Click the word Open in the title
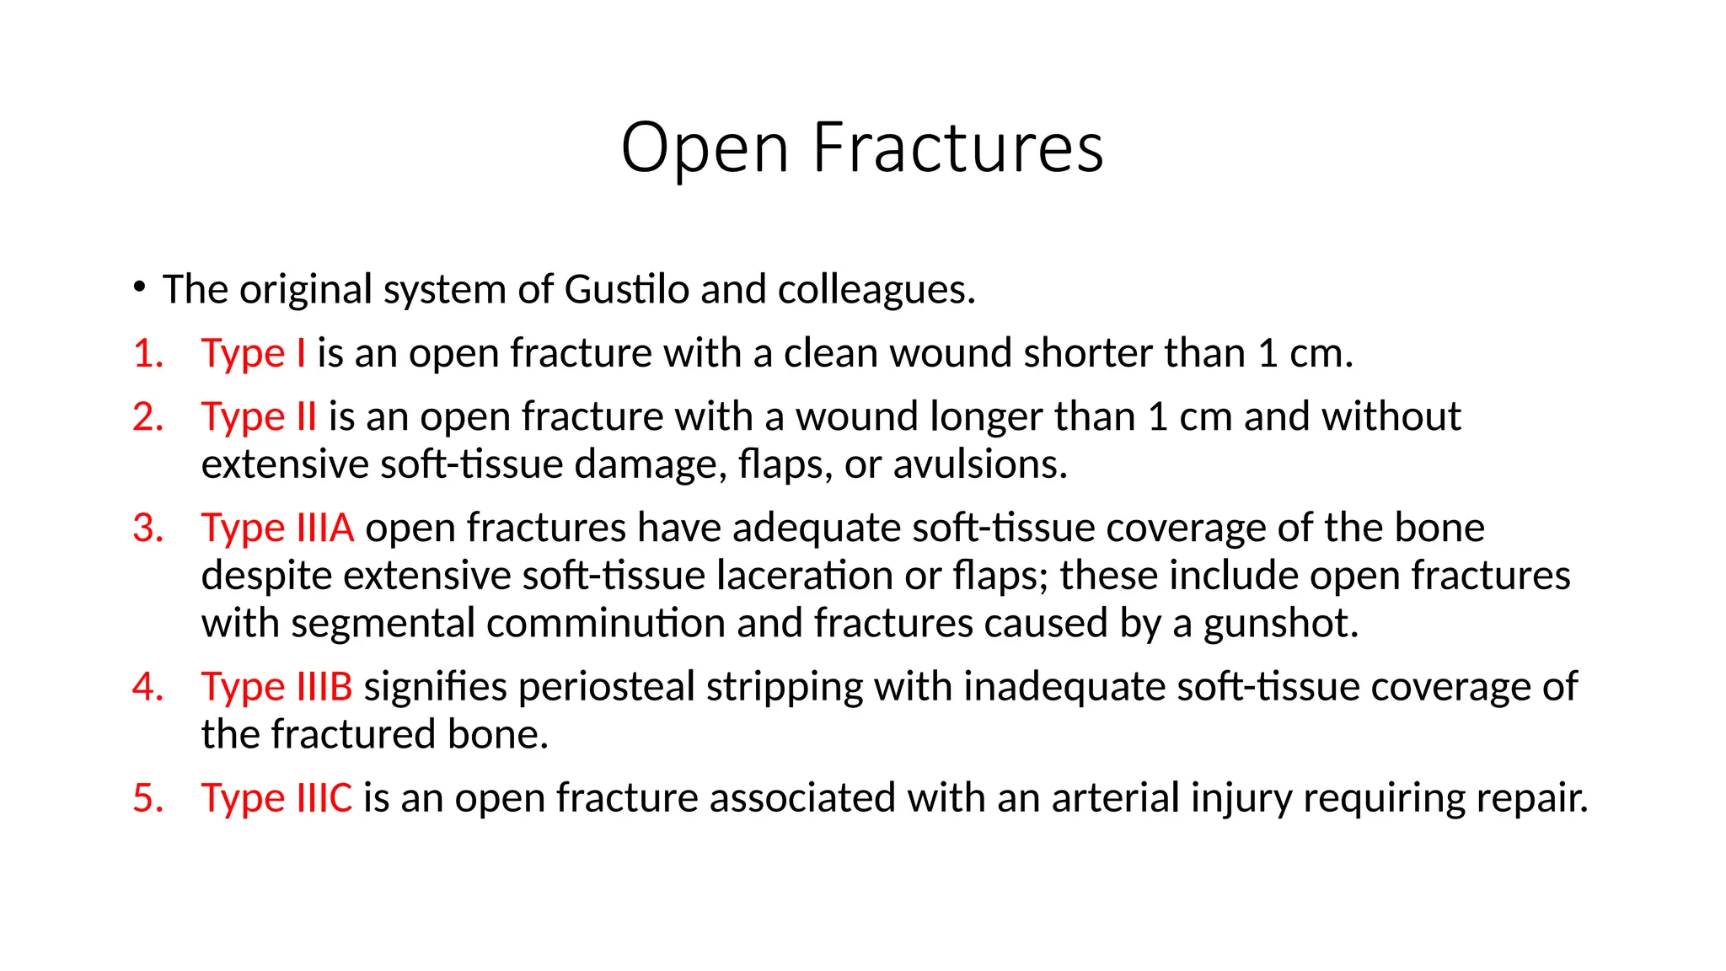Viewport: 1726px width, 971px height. tap(705, 148)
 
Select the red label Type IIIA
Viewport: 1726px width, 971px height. tap(277, 528)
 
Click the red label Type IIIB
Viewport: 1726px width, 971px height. tap(276, 686)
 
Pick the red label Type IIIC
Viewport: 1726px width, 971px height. tap(276, 797)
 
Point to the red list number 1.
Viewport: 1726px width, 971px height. tap(147, 353)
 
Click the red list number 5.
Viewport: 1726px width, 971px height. tap(147, 797)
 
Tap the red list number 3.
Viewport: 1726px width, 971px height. tap(147, 528)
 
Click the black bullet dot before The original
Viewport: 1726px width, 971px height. tap(139, 287)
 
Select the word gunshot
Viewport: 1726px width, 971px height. tap(1280, 624)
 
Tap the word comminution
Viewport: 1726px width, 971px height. tap(605, 624)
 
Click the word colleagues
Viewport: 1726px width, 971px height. tap(876, 289)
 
